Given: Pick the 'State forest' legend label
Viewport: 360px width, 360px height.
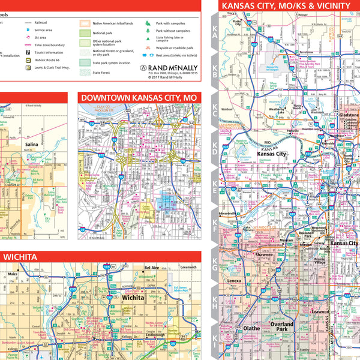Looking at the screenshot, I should (x=101, y=73).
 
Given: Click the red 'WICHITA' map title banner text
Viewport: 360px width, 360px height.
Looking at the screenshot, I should (x=22, y=257).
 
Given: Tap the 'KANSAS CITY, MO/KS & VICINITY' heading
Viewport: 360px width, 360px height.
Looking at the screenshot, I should (x=286, y=6).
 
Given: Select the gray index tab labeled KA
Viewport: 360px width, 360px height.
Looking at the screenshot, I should (x=214, y=35).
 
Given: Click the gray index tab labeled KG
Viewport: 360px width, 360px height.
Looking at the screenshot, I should (x=214, y=267).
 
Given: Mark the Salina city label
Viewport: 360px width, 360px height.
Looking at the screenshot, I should (x=32, y=161).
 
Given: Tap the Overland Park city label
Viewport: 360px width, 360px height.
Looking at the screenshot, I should (x=282, y=327).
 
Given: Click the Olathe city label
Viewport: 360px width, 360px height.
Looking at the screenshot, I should (x=251, y=328).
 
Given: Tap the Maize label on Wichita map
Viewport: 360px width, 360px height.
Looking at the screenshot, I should (x=12, y=274).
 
